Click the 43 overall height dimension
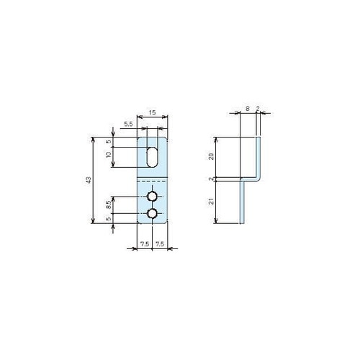[89, 180]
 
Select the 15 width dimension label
[152, 112]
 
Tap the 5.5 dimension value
[128, 125]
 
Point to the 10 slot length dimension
[109, 155]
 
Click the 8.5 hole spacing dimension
[109, 204]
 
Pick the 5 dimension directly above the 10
[109, 141]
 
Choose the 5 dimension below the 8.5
[109, 219]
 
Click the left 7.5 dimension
[145, 244]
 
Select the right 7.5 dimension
[160, 244]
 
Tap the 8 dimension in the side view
[248, 109]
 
